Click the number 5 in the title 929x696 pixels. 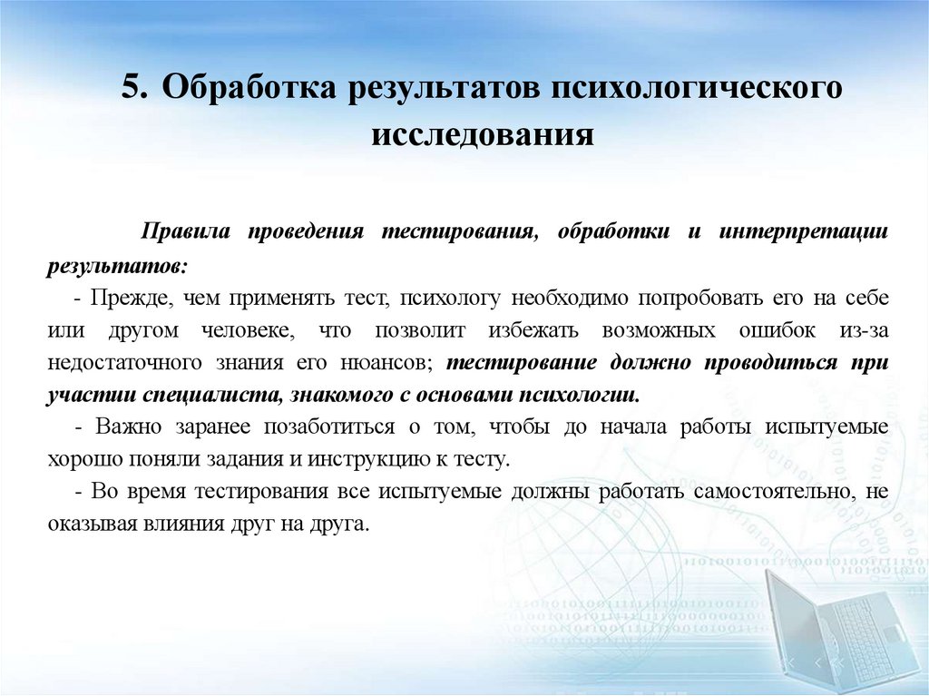click(x=132, y=90)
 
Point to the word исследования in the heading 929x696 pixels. click(x=482, y=135)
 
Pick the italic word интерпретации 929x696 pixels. click(x=804, y=231)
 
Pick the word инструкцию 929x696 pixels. click(x=363, y=459)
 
